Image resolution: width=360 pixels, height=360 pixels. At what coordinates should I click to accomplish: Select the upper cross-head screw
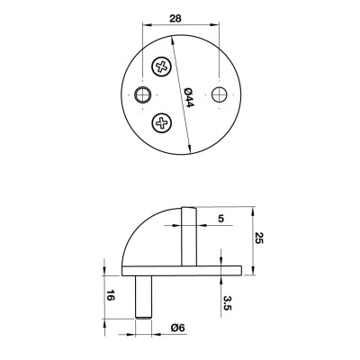click(x=162, y=66)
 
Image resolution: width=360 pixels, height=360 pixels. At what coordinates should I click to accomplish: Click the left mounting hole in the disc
click(x=140, y=94)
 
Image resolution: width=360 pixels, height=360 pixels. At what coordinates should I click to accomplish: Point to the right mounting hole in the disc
click(x=218, y=94)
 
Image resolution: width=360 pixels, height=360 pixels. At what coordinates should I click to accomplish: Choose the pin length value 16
click(x=110, y=296)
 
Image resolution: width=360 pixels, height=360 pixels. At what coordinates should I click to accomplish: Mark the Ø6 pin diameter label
click(x=178, y=329)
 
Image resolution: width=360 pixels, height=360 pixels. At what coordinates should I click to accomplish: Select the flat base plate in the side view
click(x=180, y=270)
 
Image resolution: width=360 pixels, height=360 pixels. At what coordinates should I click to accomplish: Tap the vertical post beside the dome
click(x=187, y=236)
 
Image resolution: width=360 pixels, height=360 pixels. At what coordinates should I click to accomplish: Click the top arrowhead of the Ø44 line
click(x=168, y=35)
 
